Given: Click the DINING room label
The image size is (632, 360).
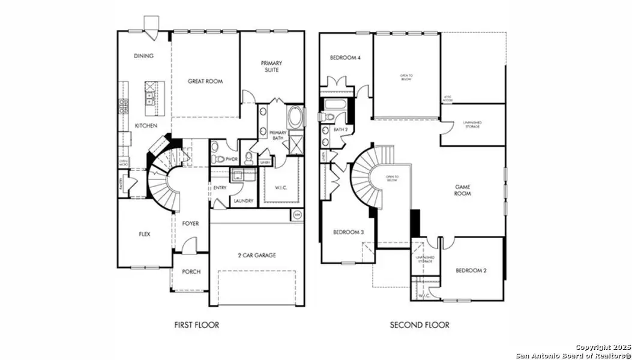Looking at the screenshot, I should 144,56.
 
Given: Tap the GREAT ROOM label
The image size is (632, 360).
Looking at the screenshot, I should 205,81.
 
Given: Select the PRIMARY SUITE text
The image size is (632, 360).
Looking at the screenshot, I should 271,66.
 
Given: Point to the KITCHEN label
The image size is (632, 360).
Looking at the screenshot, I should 146,125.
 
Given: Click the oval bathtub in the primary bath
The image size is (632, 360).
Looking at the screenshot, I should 296,115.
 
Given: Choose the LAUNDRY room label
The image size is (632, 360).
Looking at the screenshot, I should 243,201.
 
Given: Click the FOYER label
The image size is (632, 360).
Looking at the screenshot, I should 190,224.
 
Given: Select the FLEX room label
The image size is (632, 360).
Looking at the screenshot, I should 144,234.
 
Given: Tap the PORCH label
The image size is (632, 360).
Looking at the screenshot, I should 191,272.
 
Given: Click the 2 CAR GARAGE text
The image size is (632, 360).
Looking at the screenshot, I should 256,255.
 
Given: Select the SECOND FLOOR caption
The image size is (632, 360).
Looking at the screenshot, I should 420,325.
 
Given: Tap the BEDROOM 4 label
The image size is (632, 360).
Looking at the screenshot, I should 345,58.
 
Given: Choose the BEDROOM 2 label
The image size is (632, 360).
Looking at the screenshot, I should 471,271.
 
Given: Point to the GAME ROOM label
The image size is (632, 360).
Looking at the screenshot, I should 462,190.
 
